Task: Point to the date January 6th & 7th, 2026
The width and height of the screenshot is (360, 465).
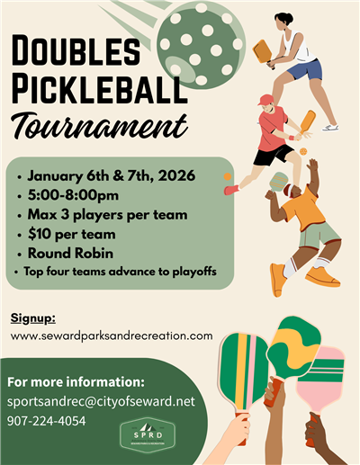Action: [x=110, y=175]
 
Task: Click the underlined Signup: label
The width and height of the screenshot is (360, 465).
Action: [x=32, y=318]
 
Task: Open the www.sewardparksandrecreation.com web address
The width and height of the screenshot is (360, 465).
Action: [x=112, y=335]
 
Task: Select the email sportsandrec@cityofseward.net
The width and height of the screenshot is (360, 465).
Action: [x=102, y=401]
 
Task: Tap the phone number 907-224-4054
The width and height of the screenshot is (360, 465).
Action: [x=47, y=420]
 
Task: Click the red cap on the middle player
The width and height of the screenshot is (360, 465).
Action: [x=265, y=100]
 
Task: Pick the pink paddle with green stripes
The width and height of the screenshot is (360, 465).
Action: [x=319, y=379]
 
